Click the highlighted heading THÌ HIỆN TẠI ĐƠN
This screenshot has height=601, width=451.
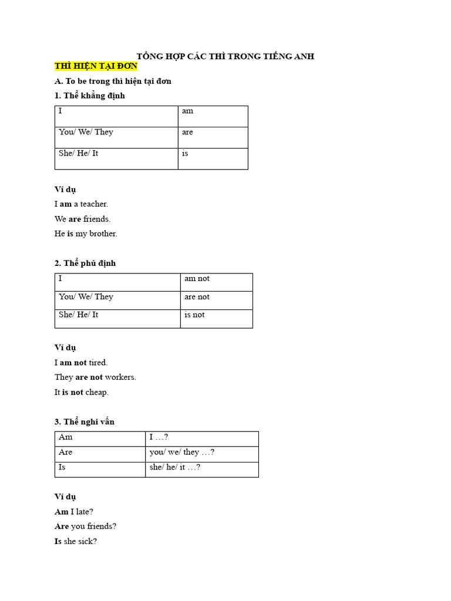tap(96, 66)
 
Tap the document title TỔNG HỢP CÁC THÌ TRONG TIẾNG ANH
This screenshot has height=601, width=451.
tap(225, 56)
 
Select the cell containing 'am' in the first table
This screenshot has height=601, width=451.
tap(213, 116)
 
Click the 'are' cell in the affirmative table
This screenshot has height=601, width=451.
tap(213, 137)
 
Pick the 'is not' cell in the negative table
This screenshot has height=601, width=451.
tap(216, 318)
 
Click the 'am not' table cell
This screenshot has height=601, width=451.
tap(216, 282)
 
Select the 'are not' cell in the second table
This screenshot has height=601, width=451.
tap(216, 300)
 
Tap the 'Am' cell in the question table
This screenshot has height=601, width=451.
tap(100, 438)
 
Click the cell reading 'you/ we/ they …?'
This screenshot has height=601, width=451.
tap(201, 454)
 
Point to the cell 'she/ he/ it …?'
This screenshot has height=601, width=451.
tap(201, 469)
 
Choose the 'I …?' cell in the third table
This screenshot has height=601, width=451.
tap(201, 438)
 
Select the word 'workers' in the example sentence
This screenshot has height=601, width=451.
tap(120, 377)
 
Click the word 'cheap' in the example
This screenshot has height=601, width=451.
tap(97, 392)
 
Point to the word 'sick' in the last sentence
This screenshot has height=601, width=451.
tap(87, 541)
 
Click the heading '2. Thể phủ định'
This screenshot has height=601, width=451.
tap(85, 263)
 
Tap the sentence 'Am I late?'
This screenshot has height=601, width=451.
tap(74, 512)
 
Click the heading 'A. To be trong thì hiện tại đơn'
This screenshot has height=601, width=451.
tap(113, 81)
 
